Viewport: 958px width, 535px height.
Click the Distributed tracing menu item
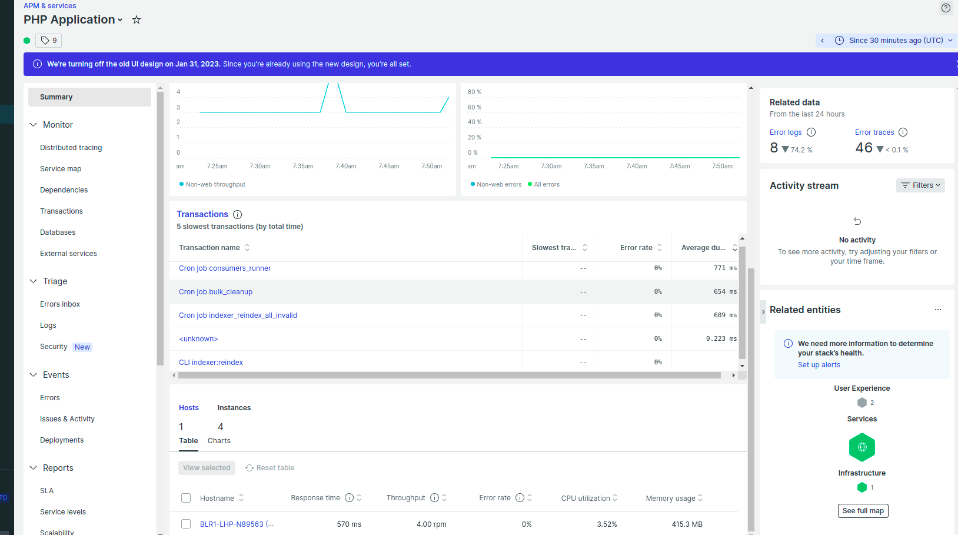pyautogui.click(x=71, y=148)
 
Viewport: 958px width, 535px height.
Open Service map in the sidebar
pyautogui.click(x=61, y=169)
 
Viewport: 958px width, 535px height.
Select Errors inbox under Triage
pyautogui.click(x=60, y=304)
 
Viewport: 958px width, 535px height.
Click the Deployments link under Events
pyautogui.click(x=62, y=440)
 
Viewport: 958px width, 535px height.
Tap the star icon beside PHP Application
pyautogui.click(x=137, y=20)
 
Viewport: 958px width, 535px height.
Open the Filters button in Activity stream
pyautogui.click(x=920, y=185)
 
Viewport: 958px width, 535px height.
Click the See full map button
pyautogui.click(x=863, y=511)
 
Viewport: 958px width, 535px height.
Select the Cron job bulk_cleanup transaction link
pyautogui.click(x=215, y=292)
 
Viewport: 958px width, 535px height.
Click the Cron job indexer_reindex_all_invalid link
pyautogui.click(x=238, y=315)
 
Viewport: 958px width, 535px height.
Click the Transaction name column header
pyautogui.click(x=209, y=248)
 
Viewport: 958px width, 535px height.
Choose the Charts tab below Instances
pyautogui.click(x=219, y=441)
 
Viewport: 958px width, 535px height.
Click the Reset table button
pyautogui.click(x=270, y=468)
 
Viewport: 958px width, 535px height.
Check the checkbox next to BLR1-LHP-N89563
pyautogui.click(x=186, y=524)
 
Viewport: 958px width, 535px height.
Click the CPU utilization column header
pyautogui.click(x=586, y=499)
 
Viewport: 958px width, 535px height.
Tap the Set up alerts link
pyautogui.click(x=819, y=365)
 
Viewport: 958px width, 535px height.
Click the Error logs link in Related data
pyautogui.click(x=785, y=132)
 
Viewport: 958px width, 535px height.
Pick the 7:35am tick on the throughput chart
pyautogui.click(x=303, y=167)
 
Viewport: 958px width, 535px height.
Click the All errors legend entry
pyautogui.click(x=546, y=185)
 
